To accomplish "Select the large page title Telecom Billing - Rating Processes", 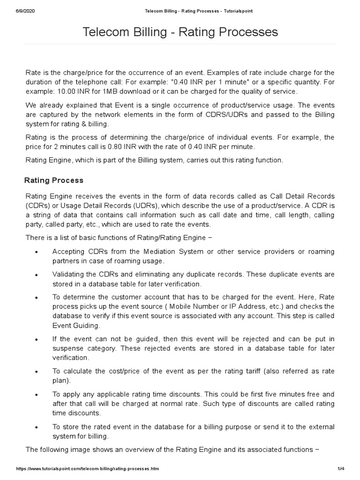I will (180, 32).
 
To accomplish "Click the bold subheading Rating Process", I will (54, 180).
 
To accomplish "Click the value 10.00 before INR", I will (65, 91).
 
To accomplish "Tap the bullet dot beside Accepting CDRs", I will (37, 252).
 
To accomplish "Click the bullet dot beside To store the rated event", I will (37, 427).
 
